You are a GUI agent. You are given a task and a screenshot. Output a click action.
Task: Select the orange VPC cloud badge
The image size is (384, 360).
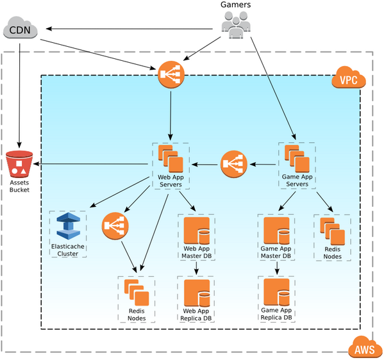point(348,81)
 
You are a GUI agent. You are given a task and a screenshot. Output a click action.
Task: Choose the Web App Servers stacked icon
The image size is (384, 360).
point(170,158)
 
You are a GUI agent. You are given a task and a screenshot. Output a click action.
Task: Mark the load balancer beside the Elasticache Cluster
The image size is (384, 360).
point(115,226)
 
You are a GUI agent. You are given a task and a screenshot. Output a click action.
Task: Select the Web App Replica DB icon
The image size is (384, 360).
point(197,293)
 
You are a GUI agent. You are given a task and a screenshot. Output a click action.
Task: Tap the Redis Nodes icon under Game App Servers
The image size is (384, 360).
point(332,232)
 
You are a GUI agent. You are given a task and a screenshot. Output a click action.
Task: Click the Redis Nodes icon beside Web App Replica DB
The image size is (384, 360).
point(135,291)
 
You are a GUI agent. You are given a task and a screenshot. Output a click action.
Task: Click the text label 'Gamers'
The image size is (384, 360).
point(235,5)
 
